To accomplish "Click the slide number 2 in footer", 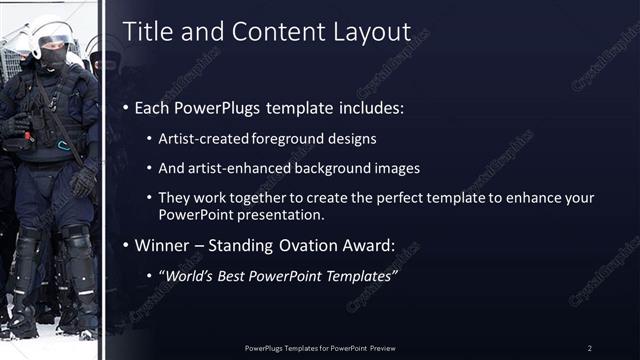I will coord(589,347).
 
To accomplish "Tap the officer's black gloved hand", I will coord(84,180).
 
